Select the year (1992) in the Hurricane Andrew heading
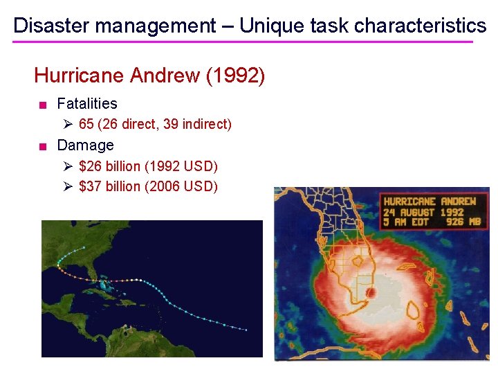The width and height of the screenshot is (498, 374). pos(235,75)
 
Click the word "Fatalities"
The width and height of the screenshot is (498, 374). pos(87,104)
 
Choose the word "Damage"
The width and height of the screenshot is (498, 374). pos(85,145)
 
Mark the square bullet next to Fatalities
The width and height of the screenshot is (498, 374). pos(43,105)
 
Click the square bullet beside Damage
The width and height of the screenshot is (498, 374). pos(43,146)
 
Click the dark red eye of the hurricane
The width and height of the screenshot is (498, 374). pos(370,293)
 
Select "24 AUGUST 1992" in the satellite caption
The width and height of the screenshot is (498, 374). pos(424,212)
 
